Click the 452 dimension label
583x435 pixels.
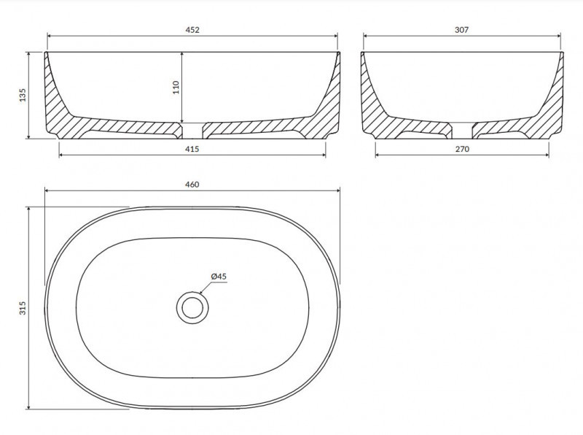[x=192, y=30]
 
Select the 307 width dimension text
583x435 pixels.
[x=462, y=30]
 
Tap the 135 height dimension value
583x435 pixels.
[x=23, y=95]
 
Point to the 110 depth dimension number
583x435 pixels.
[x=176, y=87]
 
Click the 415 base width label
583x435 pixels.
[x=192, y=149]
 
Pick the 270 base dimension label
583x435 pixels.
[x=462, y=149]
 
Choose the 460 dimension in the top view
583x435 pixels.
[x=192, y=185]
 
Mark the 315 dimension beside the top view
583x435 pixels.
[x=23, y=308]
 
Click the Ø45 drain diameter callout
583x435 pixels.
[x=219, y=277]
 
